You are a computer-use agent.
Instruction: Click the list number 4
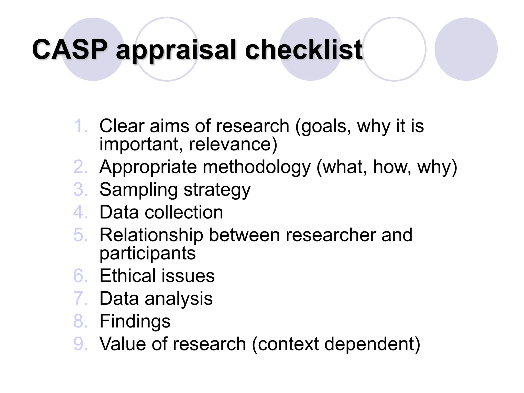pos(80,212)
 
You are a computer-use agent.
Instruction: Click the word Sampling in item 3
pos(138,190)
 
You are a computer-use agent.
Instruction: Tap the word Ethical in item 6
pos(127,276)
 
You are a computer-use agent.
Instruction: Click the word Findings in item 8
pos(135,321)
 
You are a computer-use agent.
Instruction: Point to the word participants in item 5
pos(148,253)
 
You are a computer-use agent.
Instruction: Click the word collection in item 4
pos(184,212)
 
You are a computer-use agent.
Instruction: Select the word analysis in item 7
pos(179,299)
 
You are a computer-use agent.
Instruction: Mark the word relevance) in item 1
pos(233,144)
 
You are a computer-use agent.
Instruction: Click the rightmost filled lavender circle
pos(466,49)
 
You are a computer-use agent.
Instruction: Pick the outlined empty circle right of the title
pos(394,49)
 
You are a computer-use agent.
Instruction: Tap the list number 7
pos(80,298)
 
